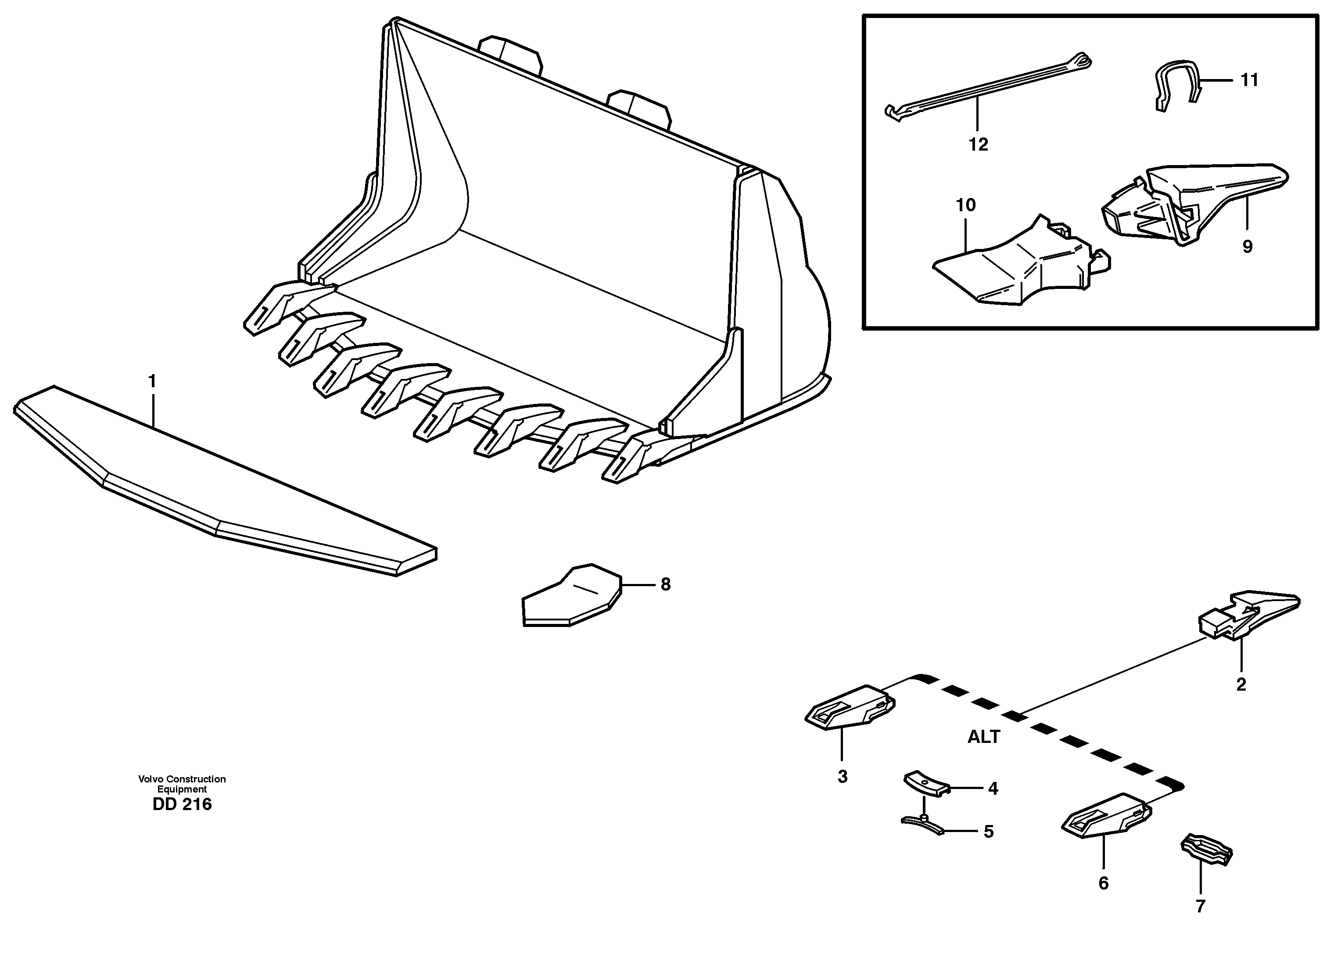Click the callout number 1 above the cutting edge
coord(152,382)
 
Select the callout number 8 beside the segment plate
coord(665,584)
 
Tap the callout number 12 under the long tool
coord(978,144)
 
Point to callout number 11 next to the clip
coord(1249,79)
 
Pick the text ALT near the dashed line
coord(983,737)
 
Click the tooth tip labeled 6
coord(1105,816)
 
